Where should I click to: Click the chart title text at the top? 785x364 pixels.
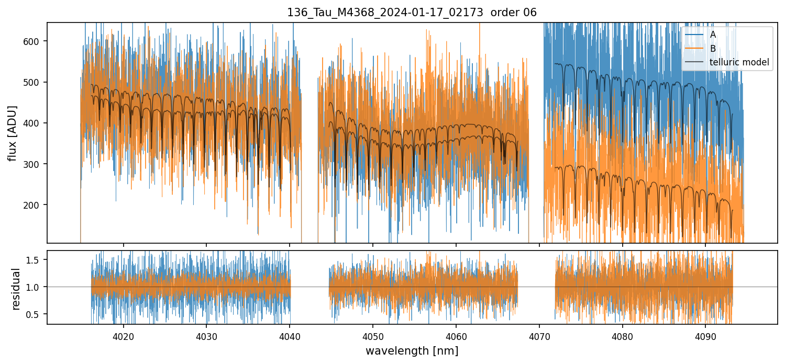(412, 13)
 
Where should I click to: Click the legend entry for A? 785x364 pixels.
(713, 35)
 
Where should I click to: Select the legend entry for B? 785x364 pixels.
(713, 49)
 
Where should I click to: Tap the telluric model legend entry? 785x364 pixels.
(739, 62)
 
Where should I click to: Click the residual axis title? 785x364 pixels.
(16, 289)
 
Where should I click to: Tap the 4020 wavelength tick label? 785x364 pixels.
(124, 335)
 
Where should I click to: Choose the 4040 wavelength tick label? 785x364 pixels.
(290, 335)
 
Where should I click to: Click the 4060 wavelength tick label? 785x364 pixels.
(456, 335)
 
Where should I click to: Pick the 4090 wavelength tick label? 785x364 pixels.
(705, 335)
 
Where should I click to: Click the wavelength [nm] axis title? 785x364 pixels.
(412, 351)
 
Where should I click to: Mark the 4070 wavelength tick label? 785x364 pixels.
(539, 335)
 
